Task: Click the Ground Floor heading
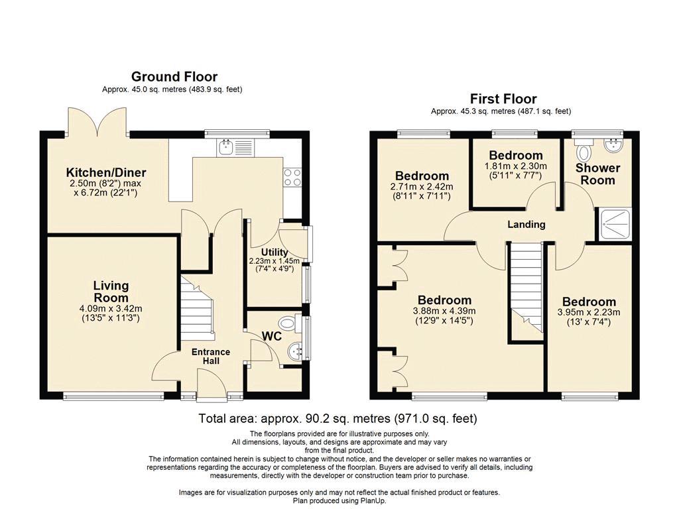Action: [174, 77]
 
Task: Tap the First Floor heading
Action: [503, 99]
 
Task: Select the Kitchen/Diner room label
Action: [106, 172]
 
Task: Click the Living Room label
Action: [111, 292]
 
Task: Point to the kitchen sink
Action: [237, 147]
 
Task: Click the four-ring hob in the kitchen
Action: [292, 177]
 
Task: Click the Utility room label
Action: [275, 252]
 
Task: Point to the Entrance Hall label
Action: [211, 356]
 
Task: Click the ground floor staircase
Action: [197, 310]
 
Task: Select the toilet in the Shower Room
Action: [584, 149]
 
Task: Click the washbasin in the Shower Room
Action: [613, 145]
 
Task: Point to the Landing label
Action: [526, 224]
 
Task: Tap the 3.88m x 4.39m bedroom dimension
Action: [444, 311]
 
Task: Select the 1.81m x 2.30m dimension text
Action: [516, 166]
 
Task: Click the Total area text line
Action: [338, 418]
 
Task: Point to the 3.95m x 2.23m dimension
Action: [589, 312]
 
